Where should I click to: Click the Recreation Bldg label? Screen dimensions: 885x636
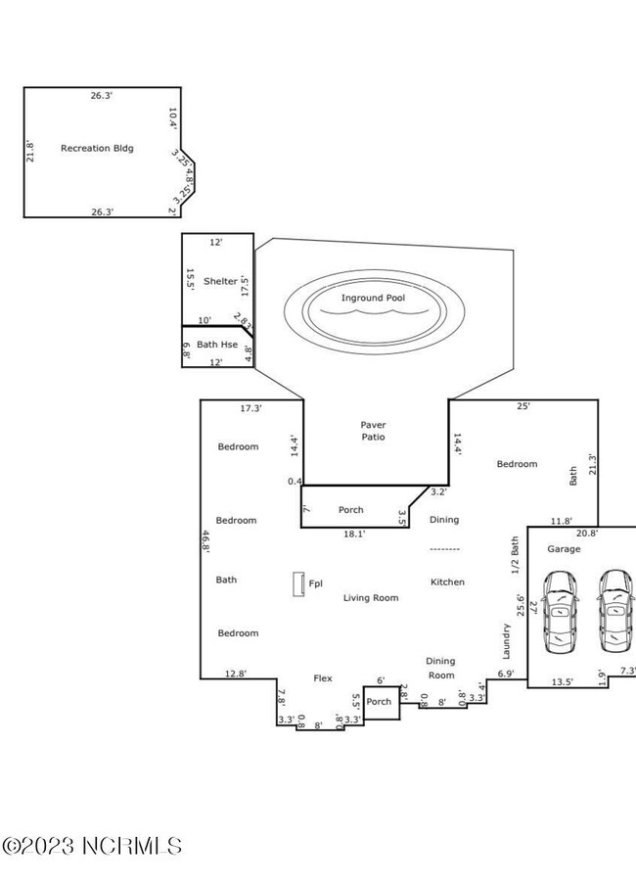(x=97, y=149)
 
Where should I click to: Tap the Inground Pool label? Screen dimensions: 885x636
(x=373, y=298)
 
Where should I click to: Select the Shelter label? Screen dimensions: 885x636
(x=219, y=281)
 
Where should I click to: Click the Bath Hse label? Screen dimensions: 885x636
(x=216, y=345)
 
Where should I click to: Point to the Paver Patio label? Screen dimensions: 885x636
(x=373, y=431)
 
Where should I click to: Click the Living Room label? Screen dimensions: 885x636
(x=371, y=597)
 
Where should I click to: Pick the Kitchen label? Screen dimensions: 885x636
(x=447, y=582)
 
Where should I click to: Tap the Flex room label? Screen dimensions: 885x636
(x=323, y=677)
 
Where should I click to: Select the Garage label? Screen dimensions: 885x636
(x=564, y=549)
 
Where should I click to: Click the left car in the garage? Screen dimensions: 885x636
(x=559, y=614)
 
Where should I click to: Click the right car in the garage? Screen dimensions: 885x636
(x=614, y=614)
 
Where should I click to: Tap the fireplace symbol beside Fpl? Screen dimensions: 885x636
(x=296, y=584)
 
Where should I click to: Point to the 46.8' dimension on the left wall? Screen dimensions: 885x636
(x=205, y=543)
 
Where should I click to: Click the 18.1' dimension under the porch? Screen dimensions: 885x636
(x=352, y=535)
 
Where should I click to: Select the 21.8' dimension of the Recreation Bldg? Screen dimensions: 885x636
(x=29, y=152)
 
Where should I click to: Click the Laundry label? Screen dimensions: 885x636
(x=507, y=642)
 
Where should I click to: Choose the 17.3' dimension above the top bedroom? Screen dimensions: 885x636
(x=251, y=407)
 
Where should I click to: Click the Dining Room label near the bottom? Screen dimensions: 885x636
(x=440, y=668)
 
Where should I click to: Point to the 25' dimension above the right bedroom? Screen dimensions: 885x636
(x=523, y=407)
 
